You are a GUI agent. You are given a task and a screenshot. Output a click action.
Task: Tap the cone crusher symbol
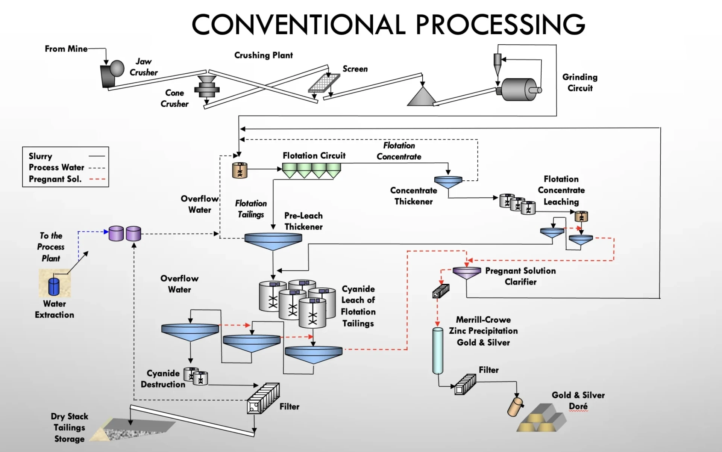coord(206,87)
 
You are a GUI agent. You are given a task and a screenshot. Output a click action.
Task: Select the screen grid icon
coord(324,83)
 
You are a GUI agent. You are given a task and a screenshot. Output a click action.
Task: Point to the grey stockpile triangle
coord(421,97)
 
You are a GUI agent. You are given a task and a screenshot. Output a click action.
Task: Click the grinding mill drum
coord(519,89)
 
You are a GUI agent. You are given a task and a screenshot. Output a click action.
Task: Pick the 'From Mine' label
coord(66,49)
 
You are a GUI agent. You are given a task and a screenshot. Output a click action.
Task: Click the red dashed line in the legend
coord(97,179)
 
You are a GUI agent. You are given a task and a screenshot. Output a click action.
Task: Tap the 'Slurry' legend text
coord(41,156)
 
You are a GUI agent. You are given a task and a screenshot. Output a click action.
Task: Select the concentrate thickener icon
coord(448,182)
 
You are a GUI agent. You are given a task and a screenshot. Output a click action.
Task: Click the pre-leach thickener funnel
coord(273,240)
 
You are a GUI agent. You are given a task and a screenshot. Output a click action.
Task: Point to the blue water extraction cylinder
coord(54,286)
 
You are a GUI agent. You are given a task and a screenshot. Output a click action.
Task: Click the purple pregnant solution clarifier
coord(467,272)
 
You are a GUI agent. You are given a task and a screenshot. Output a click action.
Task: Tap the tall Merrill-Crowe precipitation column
coord(437,350)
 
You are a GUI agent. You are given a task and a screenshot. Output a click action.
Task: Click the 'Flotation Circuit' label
coord(314,156)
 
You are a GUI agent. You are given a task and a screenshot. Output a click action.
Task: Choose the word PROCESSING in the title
coord(500,24)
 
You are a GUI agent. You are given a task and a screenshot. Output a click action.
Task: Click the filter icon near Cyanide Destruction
coord(263,399)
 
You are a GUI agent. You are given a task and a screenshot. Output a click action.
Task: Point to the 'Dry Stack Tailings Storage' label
coord(70,428)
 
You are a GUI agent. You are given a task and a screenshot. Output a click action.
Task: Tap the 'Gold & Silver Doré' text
coord(578,401)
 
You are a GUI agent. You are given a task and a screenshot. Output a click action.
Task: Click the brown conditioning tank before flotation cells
coord(240,170)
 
